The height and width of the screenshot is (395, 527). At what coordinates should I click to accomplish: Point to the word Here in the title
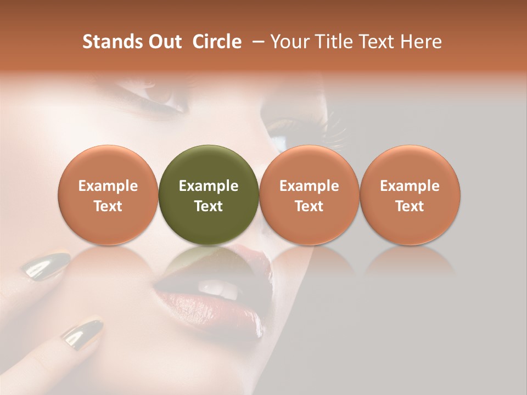pos(421,42)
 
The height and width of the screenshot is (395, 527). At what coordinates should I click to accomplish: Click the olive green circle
pos(209,195)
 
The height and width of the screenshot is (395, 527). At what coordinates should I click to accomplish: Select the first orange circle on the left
pos(108,195)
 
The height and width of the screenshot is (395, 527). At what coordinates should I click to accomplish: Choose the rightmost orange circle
pos(410,195)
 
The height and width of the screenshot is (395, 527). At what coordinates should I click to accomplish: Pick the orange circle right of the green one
pos(309,195)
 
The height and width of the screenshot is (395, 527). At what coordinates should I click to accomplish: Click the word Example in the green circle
pos(209,186)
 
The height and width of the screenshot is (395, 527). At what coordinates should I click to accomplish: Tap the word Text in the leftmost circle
pos(108,206)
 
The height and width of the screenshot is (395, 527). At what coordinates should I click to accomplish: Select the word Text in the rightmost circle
pos(410,206)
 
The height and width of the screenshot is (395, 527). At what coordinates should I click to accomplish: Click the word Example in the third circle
pos(309,186)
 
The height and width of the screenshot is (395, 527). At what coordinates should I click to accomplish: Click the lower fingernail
pos(82,330)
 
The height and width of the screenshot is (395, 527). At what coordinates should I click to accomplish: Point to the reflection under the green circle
pos(209,261)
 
